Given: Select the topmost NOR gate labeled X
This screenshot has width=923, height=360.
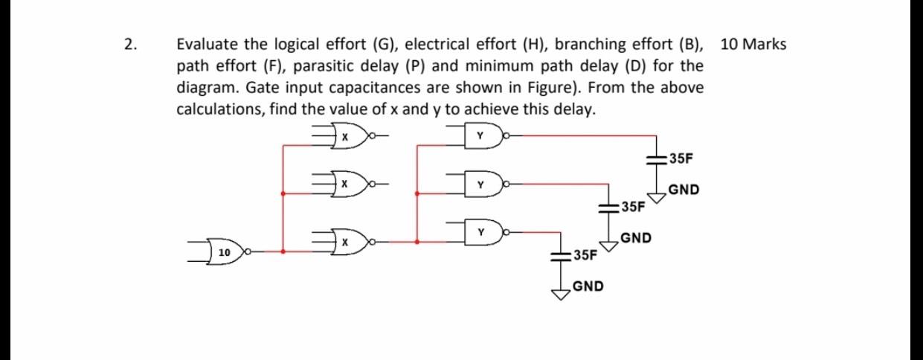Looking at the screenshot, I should [344, 138].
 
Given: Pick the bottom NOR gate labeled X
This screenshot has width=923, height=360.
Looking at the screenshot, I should [344, 242].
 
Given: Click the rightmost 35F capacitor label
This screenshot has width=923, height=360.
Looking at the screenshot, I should [681, 158].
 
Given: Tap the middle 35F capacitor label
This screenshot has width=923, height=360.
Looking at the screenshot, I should [633, 206].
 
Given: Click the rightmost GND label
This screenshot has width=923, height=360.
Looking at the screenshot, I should [683, 190].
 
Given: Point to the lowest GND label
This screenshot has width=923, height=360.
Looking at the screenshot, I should [588, 286].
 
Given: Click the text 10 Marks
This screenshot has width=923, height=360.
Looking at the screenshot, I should [753, 44].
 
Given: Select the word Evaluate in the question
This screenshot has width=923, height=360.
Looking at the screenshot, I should [205, 45].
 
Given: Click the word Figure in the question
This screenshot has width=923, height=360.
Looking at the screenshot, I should [564, 88].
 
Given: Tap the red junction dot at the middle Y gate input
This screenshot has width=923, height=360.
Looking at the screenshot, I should [417, 193].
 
